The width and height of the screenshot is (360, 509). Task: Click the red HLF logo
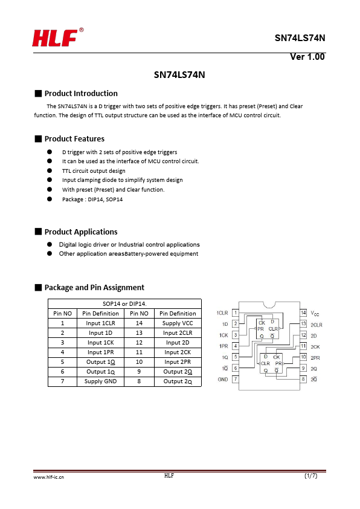click(58, 37)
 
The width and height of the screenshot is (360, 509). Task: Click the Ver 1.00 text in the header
click(307, 57)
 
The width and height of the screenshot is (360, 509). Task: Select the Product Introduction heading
click(81, 94)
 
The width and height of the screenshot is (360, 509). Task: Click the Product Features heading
click(74, 139)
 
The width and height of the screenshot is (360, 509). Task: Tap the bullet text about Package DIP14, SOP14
click(92, 199)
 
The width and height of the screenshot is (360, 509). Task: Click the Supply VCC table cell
click(178, 323)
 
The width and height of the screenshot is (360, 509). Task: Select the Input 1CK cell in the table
click(100, 343)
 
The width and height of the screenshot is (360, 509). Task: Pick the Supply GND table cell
click(100, 381)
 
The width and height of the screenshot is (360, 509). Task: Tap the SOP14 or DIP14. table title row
click(124, 304)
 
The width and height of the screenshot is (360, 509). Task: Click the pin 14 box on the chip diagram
click(303, 313)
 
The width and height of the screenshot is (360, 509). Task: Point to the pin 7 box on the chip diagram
click(236, 379)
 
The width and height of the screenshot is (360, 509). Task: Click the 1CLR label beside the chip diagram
click(222, 313)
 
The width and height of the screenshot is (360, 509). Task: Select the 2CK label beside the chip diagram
click(315, 347)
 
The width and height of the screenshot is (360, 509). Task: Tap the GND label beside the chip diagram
click(223, 379)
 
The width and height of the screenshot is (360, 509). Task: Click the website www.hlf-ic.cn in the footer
click(49, 477)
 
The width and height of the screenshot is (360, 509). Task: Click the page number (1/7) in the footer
click(310, 476)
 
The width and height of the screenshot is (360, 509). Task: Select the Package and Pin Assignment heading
click(94, 288)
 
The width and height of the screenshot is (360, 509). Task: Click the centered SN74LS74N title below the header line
click(179, 75)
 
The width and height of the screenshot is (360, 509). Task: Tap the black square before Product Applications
click(38, 232)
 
